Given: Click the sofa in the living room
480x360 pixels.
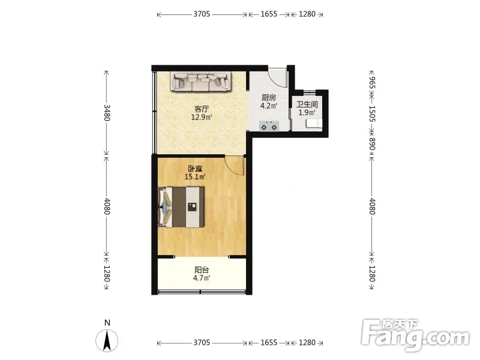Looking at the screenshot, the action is [200, 82].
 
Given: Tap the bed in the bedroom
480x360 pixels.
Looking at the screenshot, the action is [181, 207].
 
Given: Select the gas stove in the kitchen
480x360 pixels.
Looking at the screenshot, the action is [269, 126].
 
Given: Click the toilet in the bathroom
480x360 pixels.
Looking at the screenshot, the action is [314, 124].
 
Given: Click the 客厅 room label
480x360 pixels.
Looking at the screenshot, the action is [202, 109].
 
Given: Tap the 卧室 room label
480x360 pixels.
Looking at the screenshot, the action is [196, 169].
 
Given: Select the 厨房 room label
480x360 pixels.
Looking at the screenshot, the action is [269, 98].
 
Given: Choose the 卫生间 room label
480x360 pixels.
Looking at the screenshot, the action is [307, 104].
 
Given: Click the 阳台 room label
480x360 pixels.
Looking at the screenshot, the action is [202, 270].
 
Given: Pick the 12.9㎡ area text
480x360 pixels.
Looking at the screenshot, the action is [202, 117].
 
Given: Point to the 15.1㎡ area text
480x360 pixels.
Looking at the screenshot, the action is [195, 176].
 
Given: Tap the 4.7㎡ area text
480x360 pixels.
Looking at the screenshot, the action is [202, 278].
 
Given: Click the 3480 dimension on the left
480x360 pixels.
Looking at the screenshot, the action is [107, 113].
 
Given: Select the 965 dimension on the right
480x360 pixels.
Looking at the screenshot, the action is [371, 83].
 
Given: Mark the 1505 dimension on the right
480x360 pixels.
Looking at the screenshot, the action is [371, 114].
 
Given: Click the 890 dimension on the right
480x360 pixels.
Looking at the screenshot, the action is [371, 144].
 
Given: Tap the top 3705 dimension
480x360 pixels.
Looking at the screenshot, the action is [202, 14].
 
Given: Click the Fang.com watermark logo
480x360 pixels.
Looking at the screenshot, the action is [415, 335].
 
